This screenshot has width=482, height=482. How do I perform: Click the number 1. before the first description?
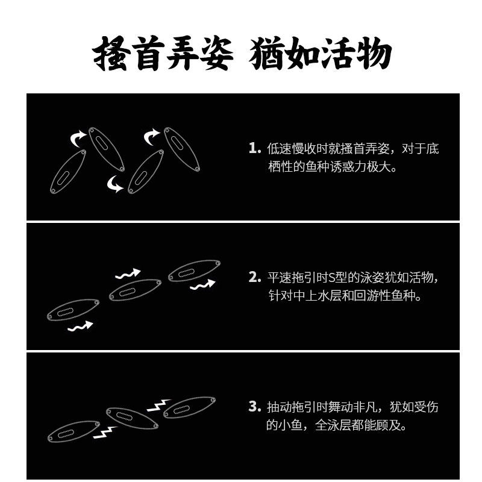tap(254, 148)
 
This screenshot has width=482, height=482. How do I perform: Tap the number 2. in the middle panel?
tap(254, 278)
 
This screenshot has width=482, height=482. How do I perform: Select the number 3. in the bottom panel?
tap(254, 407)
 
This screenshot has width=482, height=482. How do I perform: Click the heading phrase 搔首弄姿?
tap(163, 56)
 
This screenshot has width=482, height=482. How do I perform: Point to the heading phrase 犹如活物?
tap(321, 56)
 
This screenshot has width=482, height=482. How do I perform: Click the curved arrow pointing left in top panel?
tap(114, 184)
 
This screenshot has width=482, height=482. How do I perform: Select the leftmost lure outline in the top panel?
tap(67, 172)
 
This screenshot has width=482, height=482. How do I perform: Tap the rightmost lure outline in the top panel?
tap(181, 148)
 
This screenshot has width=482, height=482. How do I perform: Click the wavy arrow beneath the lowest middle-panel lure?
tap(80, 327)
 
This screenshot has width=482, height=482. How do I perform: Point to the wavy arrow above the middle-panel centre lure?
tap(127, 274)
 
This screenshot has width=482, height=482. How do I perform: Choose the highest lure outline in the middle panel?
tap(195, 271)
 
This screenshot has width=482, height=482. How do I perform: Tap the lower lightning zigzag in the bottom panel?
tap(104, 431)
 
